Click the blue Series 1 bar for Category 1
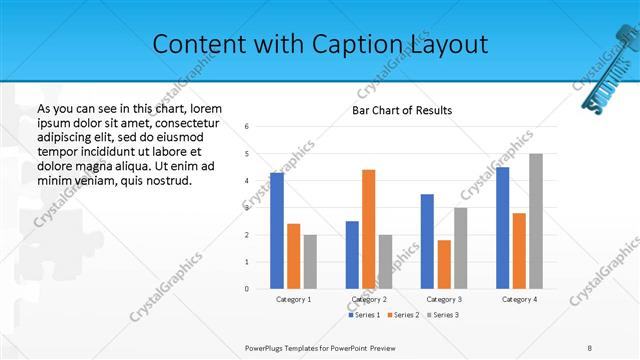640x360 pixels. [x=277, y=231]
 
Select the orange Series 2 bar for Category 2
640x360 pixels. [x=369, y=229]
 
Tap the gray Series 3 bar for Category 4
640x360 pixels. [x=536, y=221]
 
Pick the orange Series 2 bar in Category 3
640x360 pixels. [x=444, y=264]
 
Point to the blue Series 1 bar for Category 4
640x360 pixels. [x=502, y=228]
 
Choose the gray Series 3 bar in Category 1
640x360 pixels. [x=310, y=262]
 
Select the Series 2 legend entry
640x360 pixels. [x=403, y=315]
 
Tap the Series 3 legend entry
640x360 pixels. [x=442, y=315]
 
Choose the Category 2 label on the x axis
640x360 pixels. [x=369, y=299]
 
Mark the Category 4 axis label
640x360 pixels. [x=519, y=299]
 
